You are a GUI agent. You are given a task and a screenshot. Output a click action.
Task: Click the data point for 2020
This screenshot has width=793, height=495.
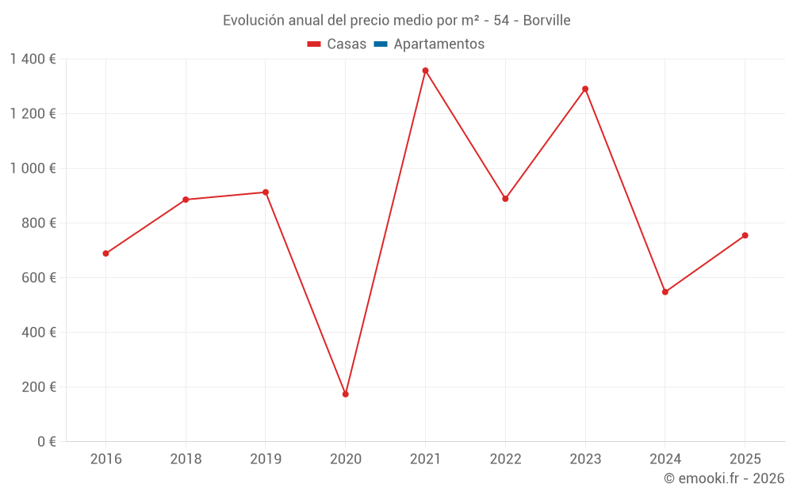pyautogui.click(x=346, y=394)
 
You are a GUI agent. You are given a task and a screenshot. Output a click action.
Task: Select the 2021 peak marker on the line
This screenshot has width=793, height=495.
pyautogui.click(x=425, y=70)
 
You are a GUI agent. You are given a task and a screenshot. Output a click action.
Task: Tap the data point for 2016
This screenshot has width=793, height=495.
pyautogui.click(x=105, y=253)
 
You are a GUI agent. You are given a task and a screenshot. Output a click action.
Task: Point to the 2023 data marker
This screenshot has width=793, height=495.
pyautogui.click(x=585, y=89)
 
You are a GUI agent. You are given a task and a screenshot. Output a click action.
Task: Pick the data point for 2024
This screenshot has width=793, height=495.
pyautogui.click(x=665, y=291)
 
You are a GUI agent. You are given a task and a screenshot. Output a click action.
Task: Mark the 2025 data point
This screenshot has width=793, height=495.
pyautogui.click(x=745, y=235)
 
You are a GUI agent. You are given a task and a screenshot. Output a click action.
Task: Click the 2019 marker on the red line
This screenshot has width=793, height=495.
pyautogui.click(x=266, y=192)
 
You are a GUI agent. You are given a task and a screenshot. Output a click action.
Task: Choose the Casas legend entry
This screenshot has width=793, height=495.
pyautogui.click(x=337, y=44)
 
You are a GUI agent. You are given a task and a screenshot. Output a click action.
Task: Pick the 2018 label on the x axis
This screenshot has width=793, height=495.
pyautogui.click(x=186, y=459)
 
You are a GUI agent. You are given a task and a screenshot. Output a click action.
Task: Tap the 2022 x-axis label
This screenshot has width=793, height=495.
pyautogui.click(x=505, y=459)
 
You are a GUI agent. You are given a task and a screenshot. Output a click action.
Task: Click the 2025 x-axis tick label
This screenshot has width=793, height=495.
pyautogui.click(x=745, y=459)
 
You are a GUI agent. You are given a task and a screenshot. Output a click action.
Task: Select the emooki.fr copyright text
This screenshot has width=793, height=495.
pyautogui.click(x=724, y=478)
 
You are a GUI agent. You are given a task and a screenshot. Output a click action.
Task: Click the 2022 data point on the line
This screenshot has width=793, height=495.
pyautogui.click(x=505, y=199)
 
